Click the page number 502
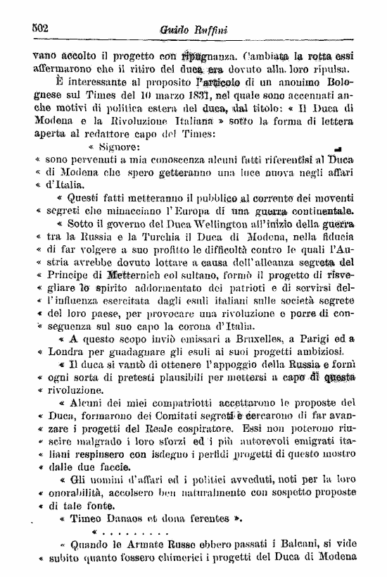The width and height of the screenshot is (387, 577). pyautogui.click(x=42, y=27)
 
